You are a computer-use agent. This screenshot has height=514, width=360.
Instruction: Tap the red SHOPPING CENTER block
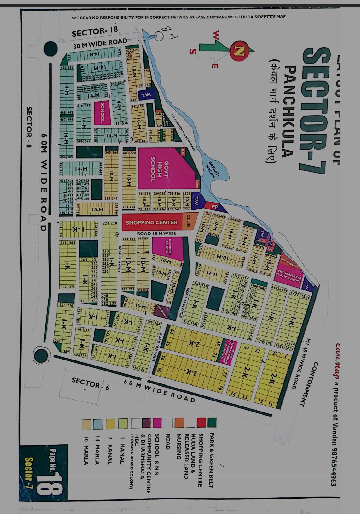point(152,222)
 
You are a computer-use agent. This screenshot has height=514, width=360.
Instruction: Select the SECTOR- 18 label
point(95,32)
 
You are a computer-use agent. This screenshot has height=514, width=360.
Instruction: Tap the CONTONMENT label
point(309,383)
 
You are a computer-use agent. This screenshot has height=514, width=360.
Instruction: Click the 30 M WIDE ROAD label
point(100,43)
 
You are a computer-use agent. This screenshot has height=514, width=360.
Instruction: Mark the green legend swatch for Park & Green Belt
point(212,423)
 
